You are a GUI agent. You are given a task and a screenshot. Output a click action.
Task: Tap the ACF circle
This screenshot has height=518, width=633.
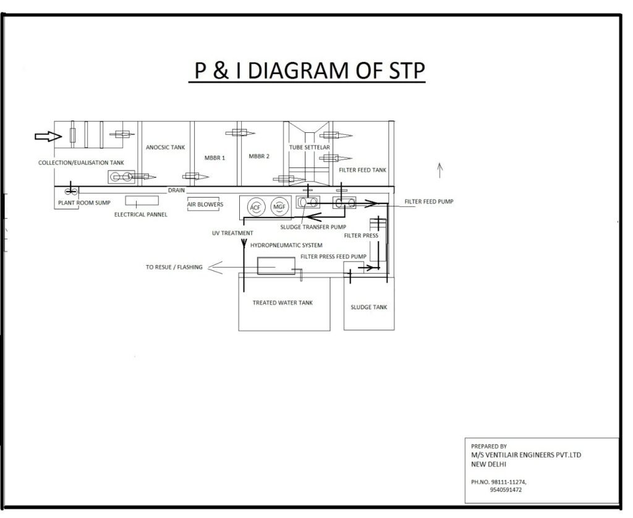coord(255,208)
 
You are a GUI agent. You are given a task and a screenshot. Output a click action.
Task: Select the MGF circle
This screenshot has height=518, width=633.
coord(279,207)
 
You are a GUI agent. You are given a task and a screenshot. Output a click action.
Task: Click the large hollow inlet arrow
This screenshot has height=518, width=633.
coord(48,137)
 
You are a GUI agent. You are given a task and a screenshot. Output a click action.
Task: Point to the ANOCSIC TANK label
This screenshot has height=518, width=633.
coord(166,147)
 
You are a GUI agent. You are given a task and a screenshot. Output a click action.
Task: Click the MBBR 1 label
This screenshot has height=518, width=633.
coord(215,158)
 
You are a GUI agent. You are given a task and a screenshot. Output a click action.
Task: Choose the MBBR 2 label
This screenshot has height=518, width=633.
coord(259,156)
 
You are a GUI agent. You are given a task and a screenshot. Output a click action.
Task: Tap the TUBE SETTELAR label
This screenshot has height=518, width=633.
coord(309,147)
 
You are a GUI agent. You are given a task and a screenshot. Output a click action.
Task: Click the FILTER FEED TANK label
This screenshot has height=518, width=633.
coord(362,170)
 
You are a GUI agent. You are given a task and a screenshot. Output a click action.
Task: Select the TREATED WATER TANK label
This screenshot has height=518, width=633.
coord(283,302)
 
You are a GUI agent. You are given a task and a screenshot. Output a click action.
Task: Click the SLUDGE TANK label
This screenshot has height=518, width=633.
coord(369,307)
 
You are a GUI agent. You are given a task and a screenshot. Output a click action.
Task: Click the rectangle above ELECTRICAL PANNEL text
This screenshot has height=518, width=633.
coord(142,200)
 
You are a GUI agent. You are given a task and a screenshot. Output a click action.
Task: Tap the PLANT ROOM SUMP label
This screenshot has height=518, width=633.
coord(84,203)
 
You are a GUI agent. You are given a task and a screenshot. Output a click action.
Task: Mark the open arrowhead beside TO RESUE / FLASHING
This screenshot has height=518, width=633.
coord(216,267)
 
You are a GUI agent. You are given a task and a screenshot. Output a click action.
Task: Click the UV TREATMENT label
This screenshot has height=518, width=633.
coord(232,233)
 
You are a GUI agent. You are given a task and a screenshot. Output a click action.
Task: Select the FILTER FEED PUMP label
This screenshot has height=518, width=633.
coord(429,202)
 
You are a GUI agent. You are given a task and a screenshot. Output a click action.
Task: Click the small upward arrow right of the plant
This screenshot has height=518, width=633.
coord(440,170)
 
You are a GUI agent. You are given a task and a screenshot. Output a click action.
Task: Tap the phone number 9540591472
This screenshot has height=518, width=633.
coord(506,490)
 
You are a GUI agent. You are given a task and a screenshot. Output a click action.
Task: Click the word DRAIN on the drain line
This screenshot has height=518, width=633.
coord(176,190)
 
